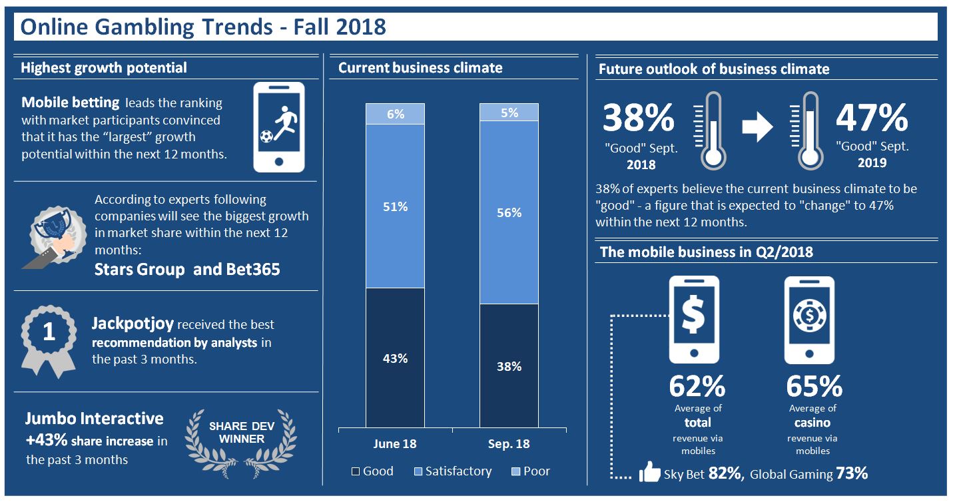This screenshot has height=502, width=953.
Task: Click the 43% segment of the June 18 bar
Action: [x=395, y=358]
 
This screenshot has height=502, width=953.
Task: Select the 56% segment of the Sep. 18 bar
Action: [x=509, y=212]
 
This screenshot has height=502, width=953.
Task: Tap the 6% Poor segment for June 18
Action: [x=395, y=114]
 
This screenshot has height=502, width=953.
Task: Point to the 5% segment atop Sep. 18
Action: [x=509, y=112]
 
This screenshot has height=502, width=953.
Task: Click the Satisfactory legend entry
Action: [x=453, y=471]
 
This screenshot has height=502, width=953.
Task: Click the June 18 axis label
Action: [x=395, y=444]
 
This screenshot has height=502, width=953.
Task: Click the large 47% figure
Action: [x=872, y=117]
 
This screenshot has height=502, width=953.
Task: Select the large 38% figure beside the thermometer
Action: [x=639, y=117]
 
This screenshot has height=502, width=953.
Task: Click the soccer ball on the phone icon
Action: [x=266, y=136]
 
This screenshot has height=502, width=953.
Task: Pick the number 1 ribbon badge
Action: [x=48, y=332]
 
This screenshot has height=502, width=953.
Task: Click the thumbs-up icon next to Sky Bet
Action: [x=650, y=473]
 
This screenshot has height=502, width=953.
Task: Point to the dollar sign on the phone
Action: [x=695, y=315]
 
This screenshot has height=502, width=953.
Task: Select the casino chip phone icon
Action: [x=809, y=320]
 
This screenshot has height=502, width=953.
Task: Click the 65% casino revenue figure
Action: [x=814, y=386]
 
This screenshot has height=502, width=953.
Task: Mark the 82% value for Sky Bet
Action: [x=725, y=473]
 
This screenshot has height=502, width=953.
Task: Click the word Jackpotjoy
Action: [x=133, y=324]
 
